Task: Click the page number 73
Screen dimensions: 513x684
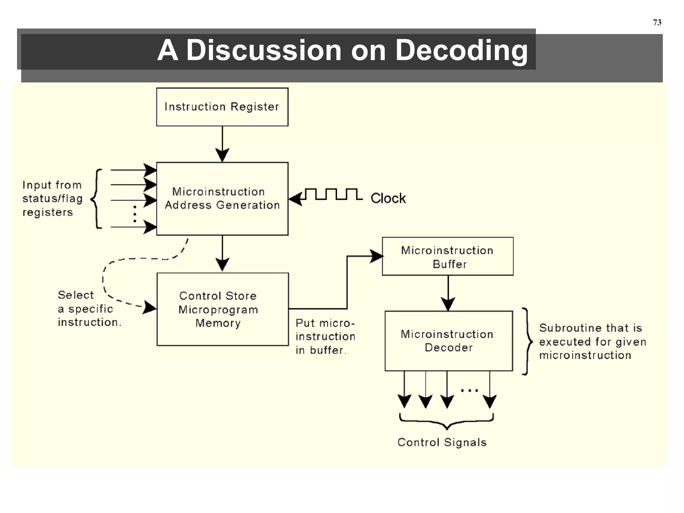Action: (657, 22)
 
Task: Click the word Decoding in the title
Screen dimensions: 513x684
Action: (461, 50)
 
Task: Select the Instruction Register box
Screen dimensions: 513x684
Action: (222, 107)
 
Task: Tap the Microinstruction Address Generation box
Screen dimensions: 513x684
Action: (222, 199)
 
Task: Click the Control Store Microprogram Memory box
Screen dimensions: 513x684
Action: (222, 309)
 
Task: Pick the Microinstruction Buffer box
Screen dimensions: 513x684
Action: (448, 256)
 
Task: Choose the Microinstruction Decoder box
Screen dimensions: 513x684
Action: (449, 341)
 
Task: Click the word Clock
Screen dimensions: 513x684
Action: (388, 198)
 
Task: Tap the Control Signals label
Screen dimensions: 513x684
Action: (442, 443)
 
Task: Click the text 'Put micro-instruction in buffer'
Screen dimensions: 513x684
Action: (325, 337)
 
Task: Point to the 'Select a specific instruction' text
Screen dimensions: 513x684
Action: (89, 309)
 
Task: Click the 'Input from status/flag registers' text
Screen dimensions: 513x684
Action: (52, 199)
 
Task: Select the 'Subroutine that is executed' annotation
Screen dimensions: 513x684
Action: (592, 342)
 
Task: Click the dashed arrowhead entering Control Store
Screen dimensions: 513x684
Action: (150, 307)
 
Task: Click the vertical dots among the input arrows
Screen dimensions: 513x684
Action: (135, 214)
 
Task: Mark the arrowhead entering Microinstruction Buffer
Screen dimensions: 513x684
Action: (377, 256)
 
